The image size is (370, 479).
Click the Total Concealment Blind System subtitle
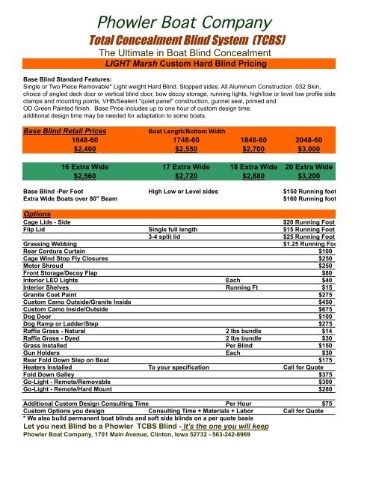pos(184,37)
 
